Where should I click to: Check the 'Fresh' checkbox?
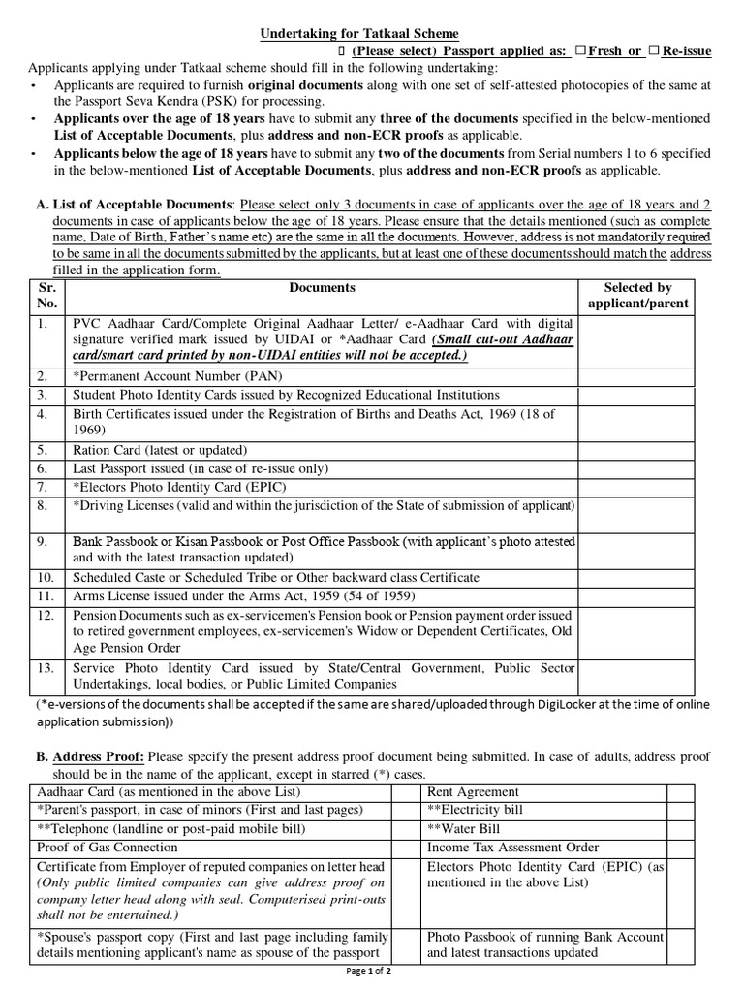coord(579,50)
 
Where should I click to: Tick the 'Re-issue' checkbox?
coord(655,50)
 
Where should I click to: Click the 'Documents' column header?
coord(322,288)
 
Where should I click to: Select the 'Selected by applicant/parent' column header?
coord(637,296)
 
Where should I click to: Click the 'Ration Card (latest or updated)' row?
coord(160,450)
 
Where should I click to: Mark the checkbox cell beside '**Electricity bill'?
coord(681,811)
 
